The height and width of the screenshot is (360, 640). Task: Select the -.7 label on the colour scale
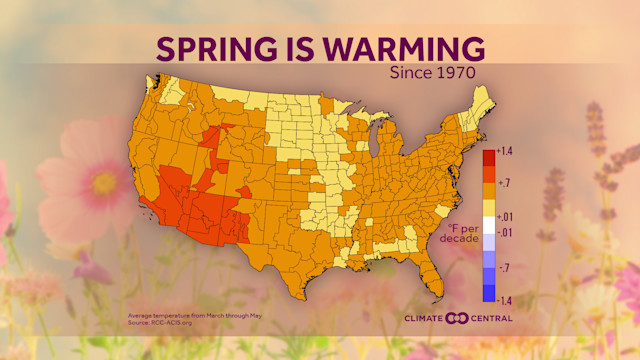click(503, 268)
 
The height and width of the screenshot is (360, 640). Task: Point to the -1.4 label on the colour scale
click(504, 299)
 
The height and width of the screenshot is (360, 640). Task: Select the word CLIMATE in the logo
click(427, 318)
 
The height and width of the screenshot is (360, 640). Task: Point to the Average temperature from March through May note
click(181, 315)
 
